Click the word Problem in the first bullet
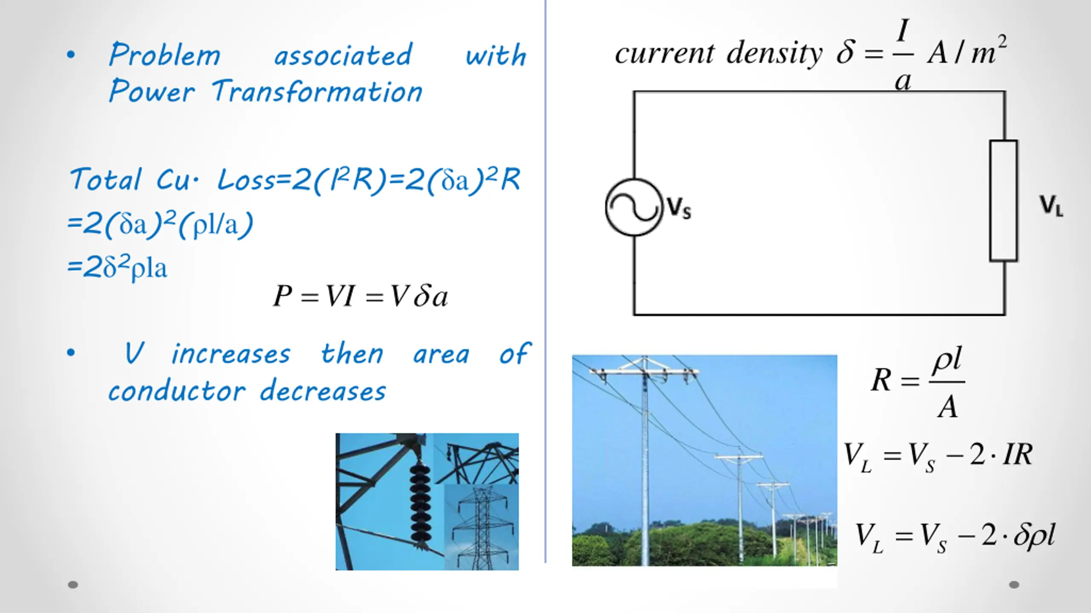[165, 55]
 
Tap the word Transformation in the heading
[317, 92]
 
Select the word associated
[343, 55]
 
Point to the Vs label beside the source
[679, 208]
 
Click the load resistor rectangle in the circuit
[1003, 201]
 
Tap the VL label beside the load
[1051, 206]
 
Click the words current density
[719, 54]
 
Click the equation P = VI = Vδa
[361, 296]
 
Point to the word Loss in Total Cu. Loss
[246, 180]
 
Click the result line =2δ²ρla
[118, 268]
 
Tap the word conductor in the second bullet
[177, 391]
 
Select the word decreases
[323, 391]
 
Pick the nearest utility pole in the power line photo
[644, 460]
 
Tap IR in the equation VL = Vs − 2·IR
[1018, 455]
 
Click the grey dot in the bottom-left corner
[73, 585]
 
